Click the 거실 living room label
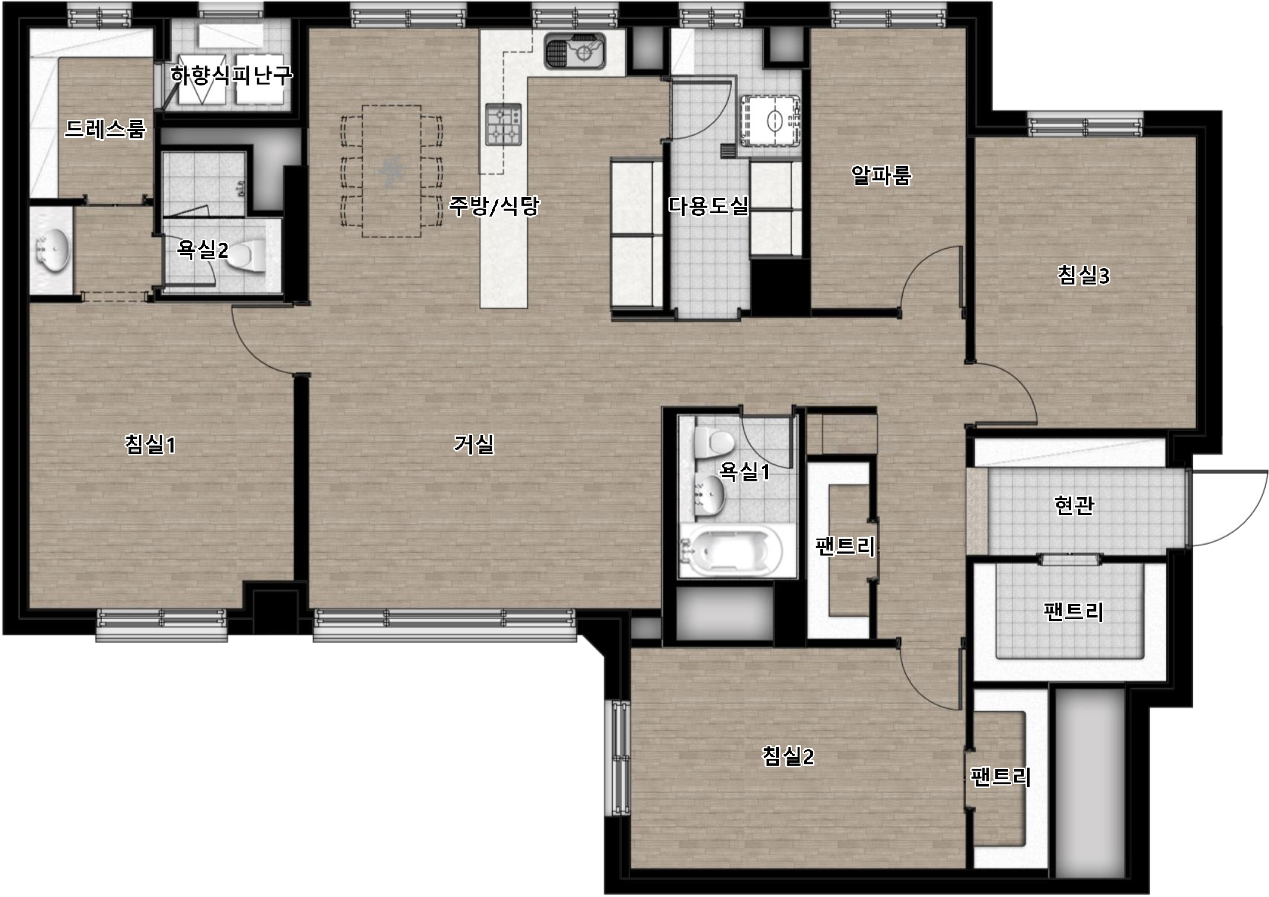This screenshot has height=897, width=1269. coord(474,444)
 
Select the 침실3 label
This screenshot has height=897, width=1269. coord(1083,275)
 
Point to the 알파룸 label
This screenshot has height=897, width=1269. coord(881,175)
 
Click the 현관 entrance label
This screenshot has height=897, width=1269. coord(1074,505)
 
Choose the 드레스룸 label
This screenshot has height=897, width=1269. coord(105,129)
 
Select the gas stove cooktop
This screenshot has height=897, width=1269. coord(504,124)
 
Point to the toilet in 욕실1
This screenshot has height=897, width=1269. coord(714,442)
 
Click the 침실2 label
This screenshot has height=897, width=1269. coord(788,756)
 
